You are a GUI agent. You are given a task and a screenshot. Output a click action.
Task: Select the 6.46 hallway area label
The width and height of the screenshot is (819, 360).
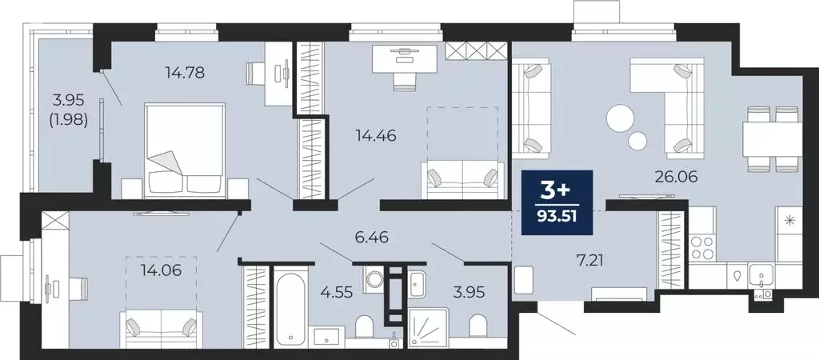click(370, 238)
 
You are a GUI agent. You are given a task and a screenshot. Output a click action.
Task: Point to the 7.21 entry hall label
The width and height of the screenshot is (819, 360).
click(569, 258)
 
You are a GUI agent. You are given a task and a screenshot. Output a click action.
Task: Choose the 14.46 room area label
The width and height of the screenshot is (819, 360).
click(376, 135)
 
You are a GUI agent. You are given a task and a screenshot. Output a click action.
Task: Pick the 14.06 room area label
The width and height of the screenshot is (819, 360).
click(161, 270)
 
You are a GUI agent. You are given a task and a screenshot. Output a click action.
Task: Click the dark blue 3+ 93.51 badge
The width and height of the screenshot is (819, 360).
click(557, 203)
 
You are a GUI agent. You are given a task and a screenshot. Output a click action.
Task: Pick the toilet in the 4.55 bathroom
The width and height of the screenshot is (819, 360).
click(364, 328)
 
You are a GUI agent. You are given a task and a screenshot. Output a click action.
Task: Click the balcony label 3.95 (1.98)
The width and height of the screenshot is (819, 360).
click(66, 110)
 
